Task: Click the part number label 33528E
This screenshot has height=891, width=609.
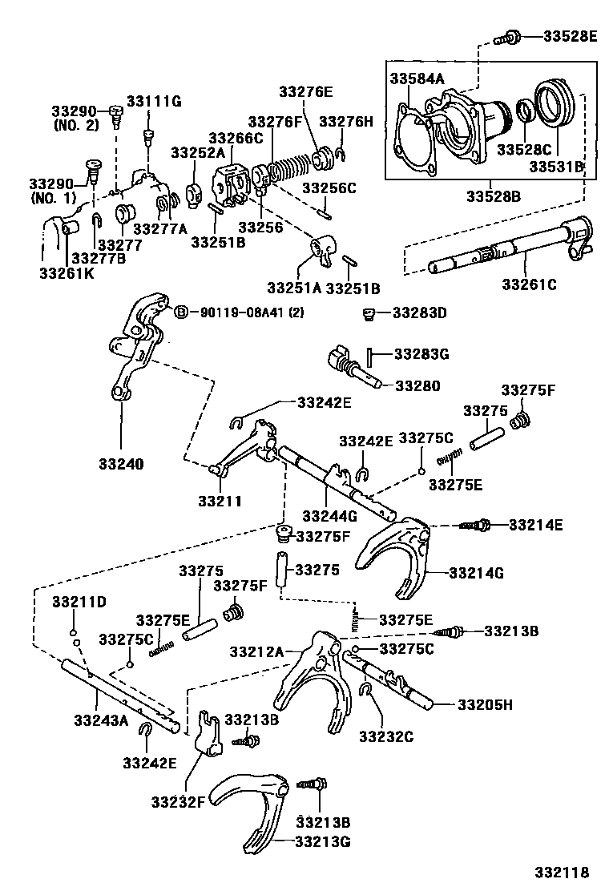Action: click(570, 35)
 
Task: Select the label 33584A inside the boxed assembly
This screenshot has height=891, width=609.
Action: click(417, 78)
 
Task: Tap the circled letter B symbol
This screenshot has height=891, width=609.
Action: click(181, 312)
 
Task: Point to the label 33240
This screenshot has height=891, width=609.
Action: click(121, 463)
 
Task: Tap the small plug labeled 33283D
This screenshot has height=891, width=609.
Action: click(369, 312)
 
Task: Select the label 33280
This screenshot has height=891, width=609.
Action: click(416, 385)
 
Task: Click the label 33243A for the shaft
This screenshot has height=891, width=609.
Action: click(101, 720)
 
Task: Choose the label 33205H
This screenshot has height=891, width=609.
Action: click(485, 704)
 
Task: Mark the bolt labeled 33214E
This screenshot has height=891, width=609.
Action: click(478, 526)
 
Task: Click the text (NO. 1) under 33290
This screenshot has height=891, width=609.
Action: click(55, 197)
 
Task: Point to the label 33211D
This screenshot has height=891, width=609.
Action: click(79, 601)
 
